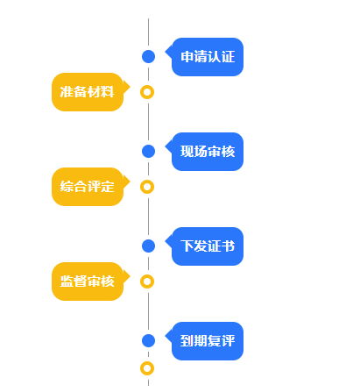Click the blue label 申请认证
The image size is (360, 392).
(208, 57)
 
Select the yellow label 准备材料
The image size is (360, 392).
(88, 92)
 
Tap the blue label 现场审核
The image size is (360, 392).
(208, 152)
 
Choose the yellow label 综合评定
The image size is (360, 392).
(88, 186)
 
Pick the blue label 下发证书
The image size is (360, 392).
(208, 246)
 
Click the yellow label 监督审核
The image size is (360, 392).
(88, 281)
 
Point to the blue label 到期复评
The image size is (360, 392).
(208, 340)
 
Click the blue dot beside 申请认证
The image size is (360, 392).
(148, 57)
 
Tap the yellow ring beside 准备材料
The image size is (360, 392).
(148, 91)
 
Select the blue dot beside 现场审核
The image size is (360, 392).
(148, 152)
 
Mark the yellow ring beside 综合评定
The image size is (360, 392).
(148, 186)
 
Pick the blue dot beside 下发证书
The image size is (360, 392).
(148, 246)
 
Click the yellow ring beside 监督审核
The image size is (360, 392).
(148, 281)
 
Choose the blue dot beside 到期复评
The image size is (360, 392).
(148, 340)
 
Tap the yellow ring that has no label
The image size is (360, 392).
(148, 368)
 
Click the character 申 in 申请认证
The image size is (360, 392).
(187, 57)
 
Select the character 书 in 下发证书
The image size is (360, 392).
(228, 246)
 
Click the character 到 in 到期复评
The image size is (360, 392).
(187, 340)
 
